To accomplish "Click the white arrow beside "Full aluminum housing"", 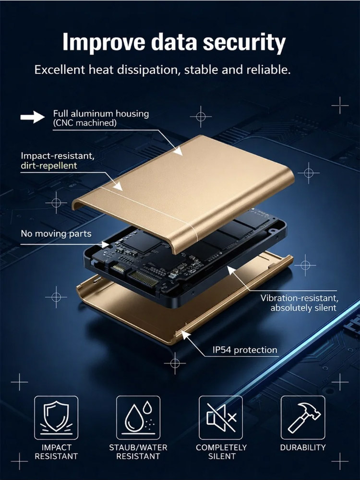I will coord(32,118).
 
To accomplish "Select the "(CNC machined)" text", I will coord(84,123).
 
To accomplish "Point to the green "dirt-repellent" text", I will coord(48,166).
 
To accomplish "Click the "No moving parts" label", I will coord(56,234).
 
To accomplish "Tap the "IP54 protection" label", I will coord(245,349).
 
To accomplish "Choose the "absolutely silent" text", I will coord(303,307).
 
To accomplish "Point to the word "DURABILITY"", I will coord(303,447).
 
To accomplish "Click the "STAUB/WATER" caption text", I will coord(138,447).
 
